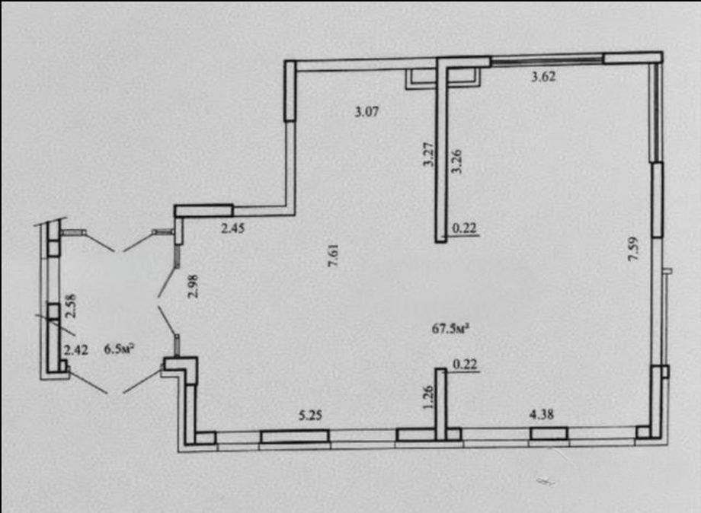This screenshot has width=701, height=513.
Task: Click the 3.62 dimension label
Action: tap(543, 77)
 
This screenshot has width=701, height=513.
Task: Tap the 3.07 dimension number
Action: tap(367, 112)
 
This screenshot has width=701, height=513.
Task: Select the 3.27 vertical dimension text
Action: tap(428, 155)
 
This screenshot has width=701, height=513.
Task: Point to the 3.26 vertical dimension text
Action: tap(456, 161)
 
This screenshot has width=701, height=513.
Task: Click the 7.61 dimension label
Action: tap(334, 255)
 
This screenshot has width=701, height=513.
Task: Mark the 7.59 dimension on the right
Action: tap(633, 249)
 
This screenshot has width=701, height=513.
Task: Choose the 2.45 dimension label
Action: tap(233, 228)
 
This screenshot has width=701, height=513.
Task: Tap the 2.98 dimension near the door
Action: tap(193, 286)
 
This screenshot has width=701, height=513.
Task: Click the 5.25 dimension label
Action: tap(310, 416)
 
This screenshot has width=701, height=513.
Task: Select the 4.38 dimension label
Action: tap(542, 414)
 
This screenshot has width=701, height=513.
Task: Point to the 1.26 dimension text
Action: tap(428, 397)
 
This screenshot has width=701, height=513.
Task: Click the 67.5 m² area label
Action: tap(450, 329)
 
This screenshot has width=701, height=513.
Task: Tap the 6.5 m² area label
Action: tap(120, 349)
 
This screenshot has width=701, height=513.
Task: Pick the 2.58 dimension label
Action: tap(71, 306)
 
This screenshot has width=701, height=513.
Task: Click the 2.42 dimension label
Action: tap(76, 350)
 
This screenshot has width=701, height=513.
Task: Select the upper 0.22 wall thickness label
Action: tap(465, 228)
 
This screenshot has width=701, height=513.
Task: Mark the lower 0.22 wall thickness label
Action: tap(465, 365)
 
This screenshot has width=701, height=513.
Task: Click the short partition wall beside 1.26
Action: tap(441, 404)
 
